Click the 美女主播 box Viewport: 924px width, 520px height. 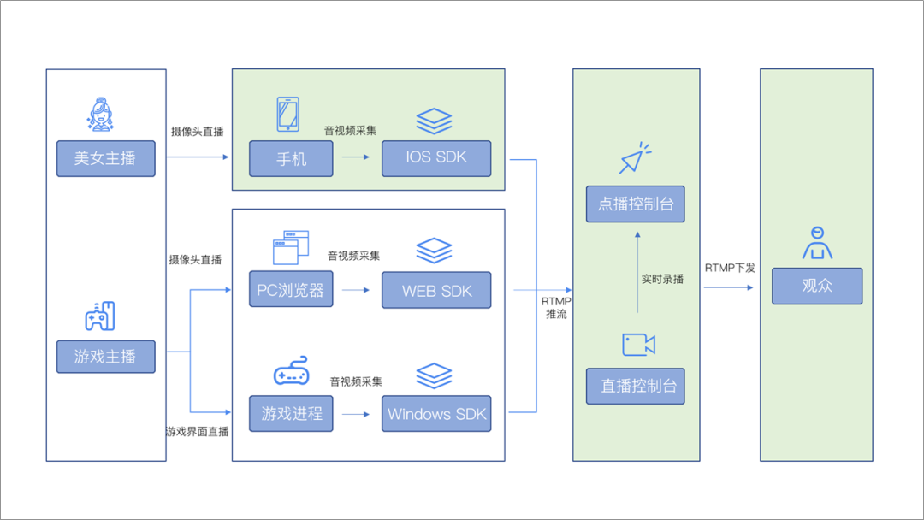point(106,158)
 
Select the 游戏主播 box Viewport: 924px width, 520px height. point(106,356)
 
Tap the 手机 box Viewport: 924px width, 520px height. point(291,158)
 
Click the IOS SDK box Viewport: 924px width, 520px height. point(436,158)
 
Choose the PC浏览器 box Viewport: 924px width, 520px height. point(291,290)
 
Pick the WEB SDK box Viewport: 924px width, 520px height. point(437,290)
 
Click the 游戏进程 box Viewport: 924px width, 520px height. point(291,413)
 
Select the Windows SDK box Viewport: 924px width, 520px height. point(437,413)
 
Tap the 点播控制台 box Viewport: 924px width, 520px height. point(636,204)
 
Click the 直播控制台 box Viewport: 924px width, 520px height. point(636,386)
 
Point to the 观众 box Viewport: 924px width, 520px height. point(817,286)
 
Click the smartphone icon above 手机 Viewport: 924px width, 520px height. point(287,115)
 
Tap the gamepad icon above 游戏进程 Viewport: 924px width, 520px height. point(291,374)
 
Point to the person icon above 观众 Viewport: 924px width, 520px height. point(817,243)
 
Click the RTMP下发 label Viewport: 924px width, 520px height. point(730,268)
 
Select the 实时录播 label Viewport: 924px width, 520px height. point(662,279)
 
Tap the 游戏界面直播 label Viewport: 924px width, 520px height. point(197,432)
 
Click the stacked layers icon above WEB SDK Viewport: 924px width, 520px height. point(434,251)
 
